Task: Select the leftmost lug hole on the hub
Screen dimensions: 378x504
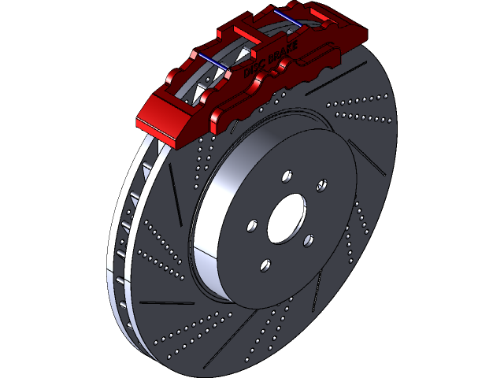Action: click(x=251, y=226)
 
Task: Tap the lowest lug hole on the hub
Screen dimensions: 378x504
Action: click(x=265, y=265)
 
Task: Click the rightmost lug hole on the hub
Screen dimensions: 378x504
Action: click(x=321, y=185)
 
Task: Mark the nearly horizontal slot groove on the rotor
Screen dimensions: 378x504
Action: click(x=166, y=301)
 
